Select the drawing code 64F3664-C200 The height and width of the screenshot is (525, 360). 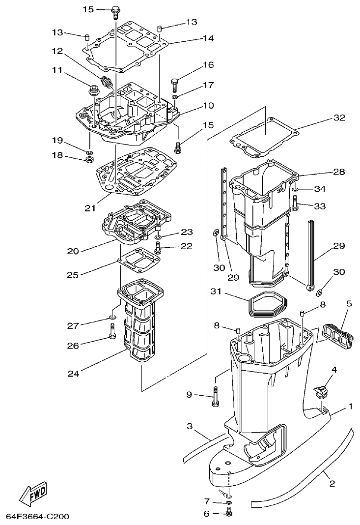point(37,517)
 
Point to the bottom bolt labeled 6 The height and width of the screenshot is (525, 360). point(229,514)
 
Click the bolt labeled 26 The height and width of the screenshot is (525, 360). point(112,336)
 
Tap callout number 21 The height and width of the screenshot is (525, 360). point(89,208)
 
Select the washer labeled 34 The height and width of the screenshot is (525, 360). point(295,189)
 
